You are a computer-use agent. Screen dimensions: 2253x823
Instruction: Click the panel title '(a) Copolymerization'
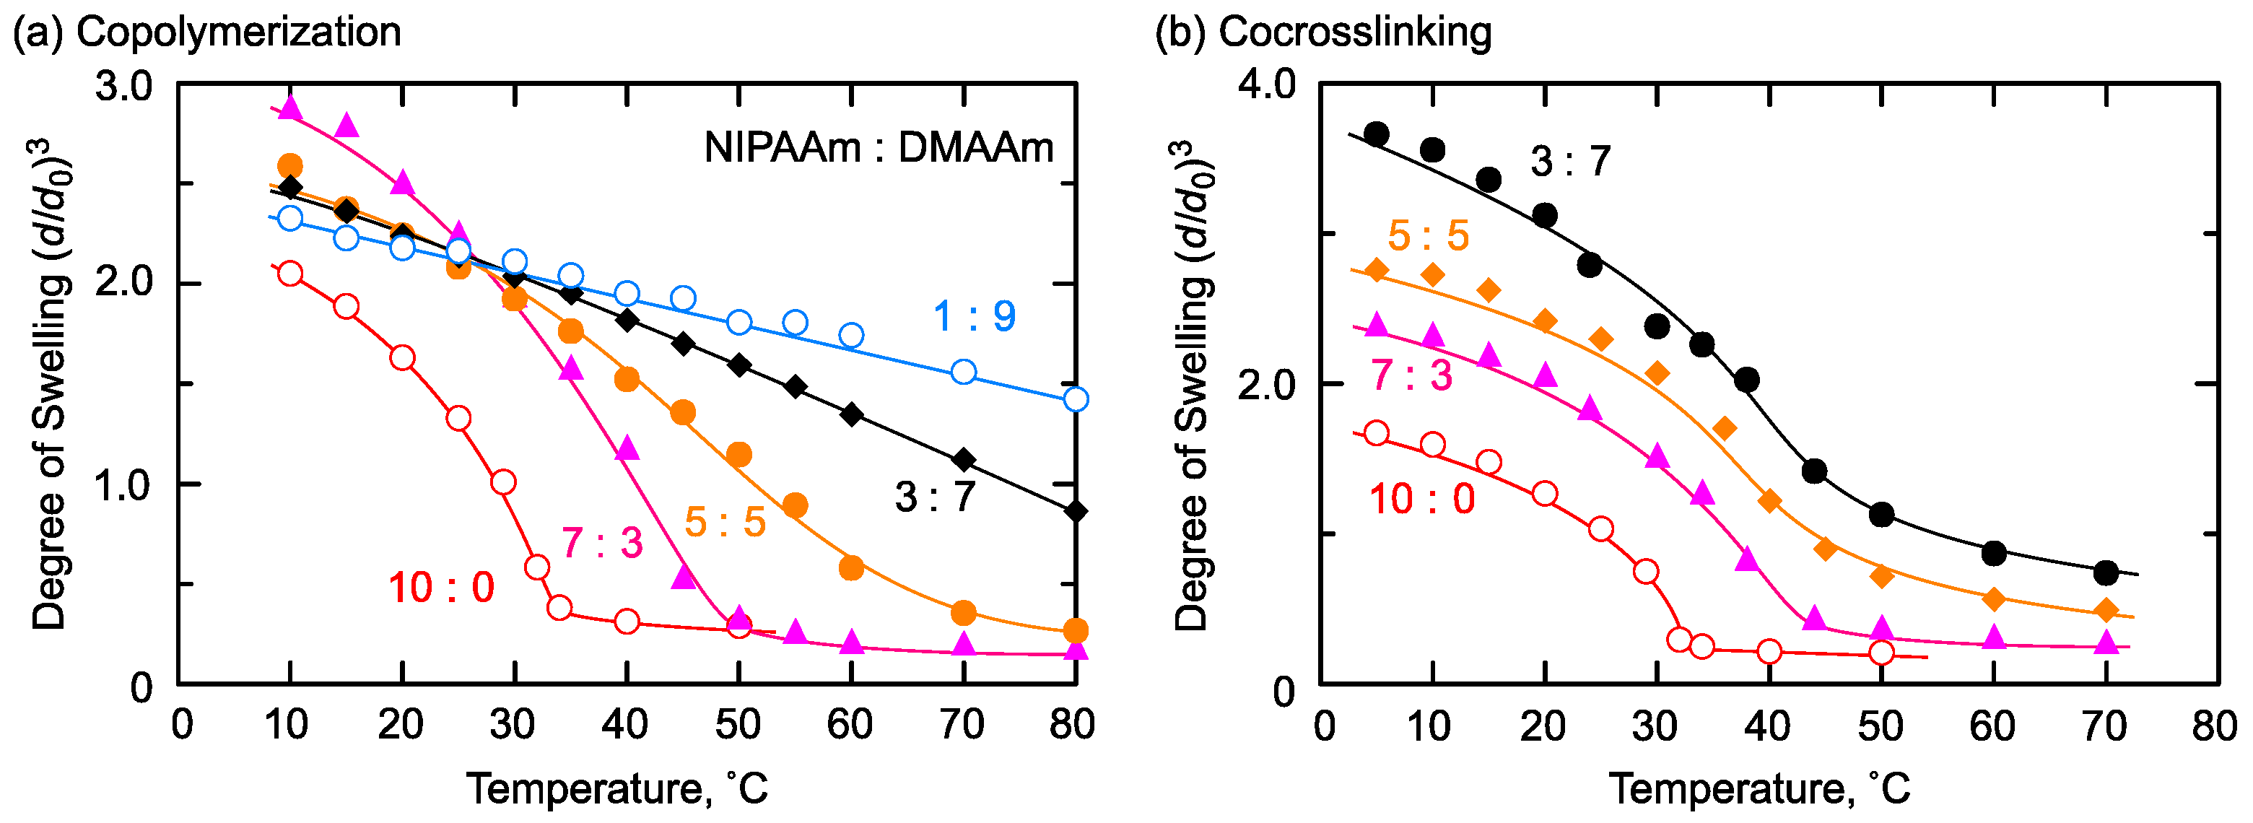click(x=206, y=32)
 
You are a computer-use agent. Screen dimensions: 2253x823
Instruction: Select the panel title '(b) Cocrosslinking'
click(x=1322, y=32)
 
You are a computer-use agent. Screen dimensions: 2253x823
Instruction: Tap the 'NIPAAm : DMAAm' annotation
click(x=879, y=148)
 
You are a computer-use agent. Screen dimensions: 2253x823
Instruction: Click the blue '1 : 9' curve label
click(x=975, y=315)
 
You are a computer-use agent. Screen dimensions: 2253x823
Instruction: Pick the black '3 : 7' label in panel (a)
click(x=935, y=497)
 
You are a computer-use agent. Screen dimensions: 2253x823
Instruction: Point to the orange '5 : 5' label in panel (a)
click(x=725, y=522)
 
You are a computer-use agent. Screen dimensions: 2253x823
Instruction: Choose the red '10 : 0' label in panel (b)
click(x=1422, y=500)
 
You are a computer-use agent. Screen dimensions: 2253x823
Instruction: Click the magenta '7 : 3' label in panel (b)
click(x=1411, y=375)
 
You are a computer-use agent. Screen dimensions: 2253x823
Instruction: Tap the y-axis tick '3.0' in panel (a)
click(x=123, y=87)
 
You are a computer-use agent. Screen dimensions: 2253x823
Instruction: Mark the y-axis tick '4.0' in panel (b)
click(x=1266, y=86)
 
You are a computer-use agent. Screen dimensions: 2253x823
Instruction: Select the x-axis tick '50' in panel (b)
click(x=1881, y=727)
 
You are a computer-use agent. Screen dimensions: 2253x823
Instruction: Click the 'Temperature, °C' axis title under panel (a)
click(x=617, y=789)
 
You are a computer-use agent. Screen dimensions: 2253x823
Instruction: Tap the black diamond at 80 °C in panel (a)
click(x=1076, y=512)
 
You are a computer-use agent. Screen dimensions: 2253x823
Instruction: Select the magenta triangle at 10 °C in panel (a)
click(x=290, y=108)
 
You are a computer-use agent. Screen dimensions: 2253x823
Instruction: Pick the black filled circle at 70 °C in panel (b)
click(x=2107, y=574)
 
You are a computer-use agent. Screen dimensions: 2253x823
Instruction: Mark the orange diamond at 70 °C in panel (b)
click(x=2107, y=609)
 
